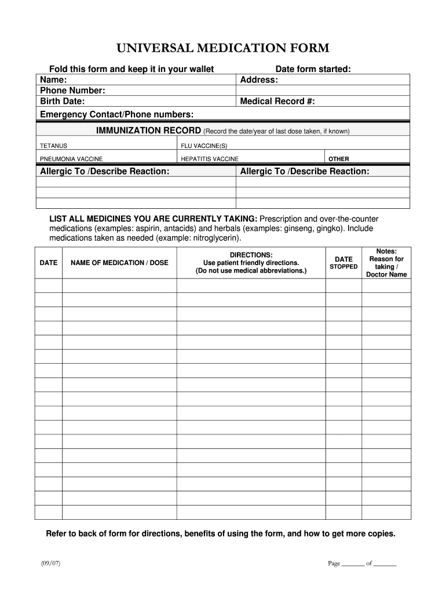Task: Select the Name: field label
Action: (x=53, y=79)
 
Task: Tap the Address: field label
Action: (x=259, y=79)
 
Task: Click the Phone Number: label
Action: (x=72, y=90)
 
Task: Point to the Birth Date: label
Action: (x=62, y=102)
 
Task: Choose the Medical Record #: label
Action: (x=277, y=102)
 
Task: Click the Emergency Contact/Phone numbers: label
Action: (x=116, y=114)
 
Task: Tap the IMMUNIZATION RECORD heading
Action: (x=148, y=131)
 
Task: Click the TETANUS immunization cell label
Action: (x=53, y=145)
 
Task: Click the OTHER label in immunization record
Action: (x=339, y=159)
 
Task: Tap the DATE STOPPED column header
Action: (x=343, y=263)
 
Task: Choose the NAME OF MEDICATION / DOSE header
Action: (x=119, y=263)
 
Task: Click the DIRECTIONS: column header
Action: (x=251, y=255)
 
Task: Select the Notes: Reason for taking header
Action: (x=386, y=263)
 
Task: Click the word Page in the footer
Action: (x=334, y=563)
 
